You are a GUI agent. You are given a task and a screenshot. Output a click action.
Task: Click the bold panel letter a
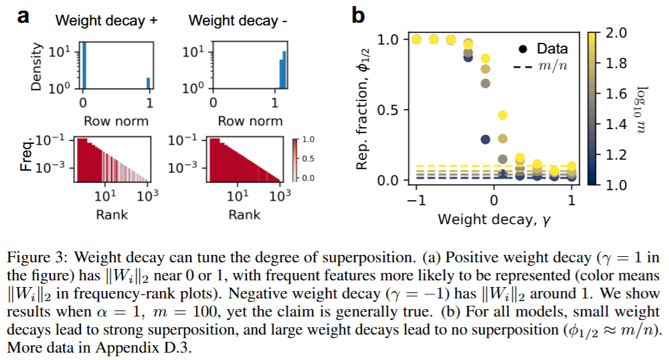tap(24, 15)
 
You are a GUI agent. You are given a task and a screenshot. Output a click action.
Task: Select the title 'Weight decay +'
tap(106, 20)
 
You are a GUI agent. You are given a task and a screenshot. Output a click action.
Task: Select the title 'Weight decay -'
tap(238, 20)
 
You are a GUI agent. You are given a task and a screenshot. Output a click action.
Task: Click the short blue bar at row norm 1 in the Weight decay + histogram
tap(148, 82)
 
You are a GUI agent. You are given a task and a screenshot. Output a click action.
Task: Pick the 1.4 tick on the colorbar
tap(616, 124)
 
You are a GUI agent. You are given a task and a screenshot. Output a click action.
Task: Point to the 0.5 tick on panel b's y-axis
tap(389, 110)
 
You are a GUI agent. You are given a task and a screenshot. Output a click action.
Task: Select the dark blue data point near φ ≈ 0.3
tap(486, 139)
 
